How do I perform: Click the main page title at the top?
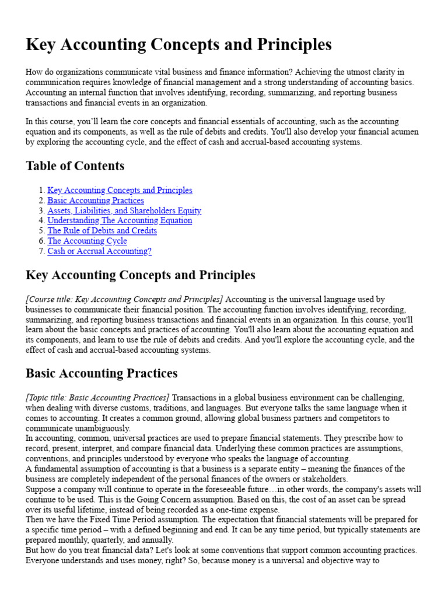tap(178, 45)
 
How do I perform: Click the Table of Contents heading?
tap(75, 166)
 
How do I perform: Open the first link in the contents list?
tap(120, 190)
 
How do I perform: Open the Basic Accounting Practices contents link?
tap(96, 201)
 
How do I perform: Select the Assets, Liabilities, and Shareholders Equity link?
tap(124, 210)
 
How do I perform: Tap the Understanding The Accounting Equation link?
tap(120, 220)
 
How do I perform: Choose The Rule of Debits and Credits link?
tap(102, 231)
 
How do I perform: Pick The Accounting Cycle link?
tap(87, 241)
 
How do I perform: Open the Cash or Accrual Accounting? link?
tap(99, 251)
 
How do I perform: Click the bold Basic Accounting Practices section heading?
tap(101, 373)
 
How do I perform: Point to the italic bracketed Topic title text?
tap(97, 398)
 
